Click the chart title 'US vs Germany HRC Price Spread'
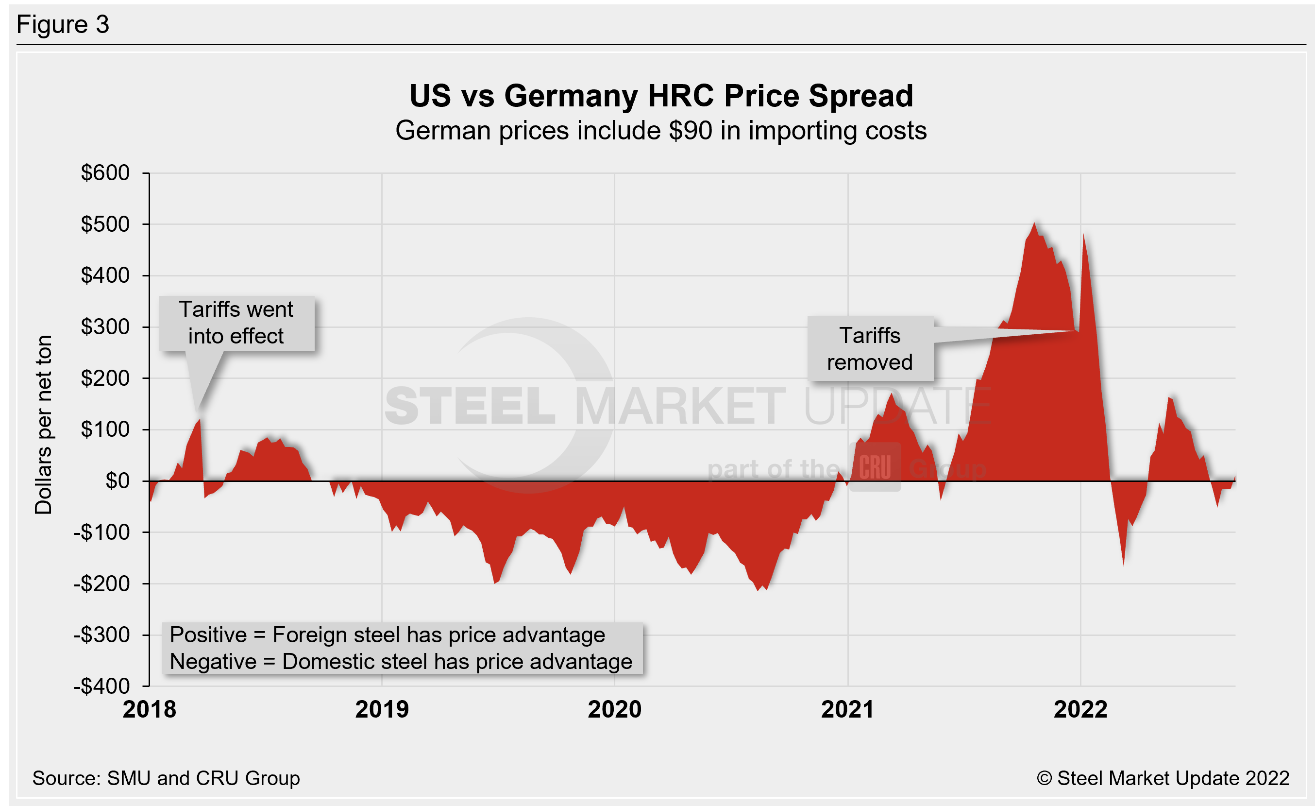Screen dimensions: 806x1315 tap(661, 96)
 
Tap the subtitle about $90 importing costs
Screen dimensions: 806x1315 tap(661, 131)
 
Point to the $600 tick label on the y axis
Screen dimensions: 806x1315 tap(105, 172)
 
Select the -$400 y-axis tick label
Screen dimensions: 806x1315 tap(102, 686)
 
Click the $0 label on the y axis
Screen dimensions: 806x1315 tap(118, 481)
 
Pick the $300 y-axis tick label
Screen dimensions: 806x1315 tap(105, 326)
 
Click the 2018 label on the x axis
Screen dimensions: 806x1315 tap(150, 710)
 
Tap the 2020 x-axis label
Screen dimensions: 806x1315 tap(614, 710)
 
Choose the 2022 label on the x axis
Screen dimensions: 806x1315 tap(1081, 710)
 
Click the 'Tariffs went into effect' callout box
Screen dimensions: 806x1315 tap(236, 323)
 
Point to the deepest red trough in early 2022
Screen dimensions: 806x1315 tap(1123, 565)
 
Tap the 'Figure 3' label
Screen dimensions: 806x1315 tap(63, 25)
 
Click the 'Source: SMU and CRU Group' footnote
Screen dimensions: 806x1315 tap(166, 778)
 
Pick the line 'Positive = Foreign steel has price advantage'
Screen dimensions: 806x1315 tap(387, 635)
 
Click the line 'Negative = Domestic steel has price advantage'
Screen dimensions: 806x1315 tap(401, 662)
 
